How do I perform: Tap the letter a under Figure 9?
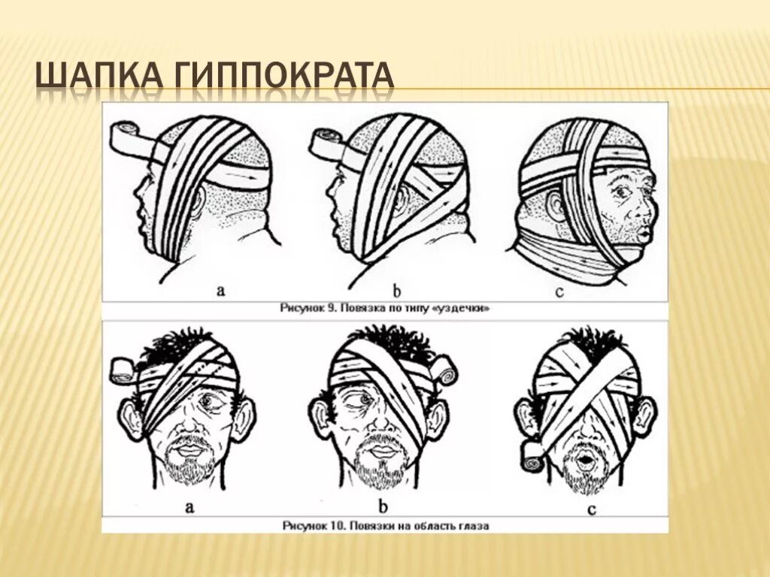221,290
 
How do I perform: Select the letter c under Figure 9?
559,291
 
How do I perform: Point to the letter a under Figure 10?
190,506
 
